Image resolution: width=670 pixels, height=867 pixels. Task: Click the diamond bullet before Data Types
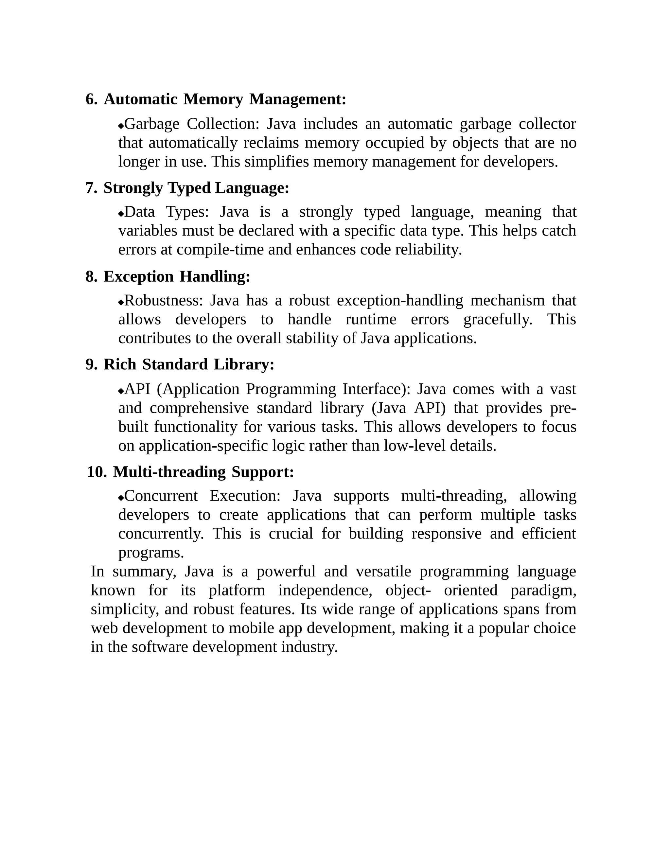(x=121, y=214)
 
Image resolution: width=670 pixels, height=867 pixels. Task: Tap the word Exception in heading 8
(x=138, y=276)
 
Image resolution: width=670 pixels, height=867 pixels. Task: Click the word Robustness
(x=164, y=301)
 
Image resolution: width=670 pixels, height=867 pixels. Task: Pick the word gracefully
(x=498, y=319)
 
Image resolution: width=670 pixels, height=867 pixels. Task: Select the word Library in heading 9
(x=244, y=364)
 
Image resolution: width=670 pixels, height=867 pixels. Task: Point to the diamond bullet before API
(x=121, y=391)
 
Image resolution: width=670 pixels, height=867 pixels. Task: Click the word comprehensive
(x=199, y=408)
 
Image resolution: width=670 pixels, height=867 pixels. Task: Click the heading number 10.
(x=97, y=472)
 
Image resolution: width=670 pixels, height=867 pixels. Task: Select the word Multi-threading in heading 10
(x=169, y=472)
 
